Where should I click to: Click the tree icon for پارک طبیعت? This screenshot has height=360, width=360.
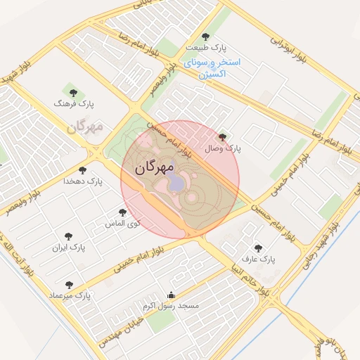(205, 37)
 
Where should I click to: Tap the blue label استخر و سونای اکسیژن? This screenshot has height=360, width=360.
(212, 67)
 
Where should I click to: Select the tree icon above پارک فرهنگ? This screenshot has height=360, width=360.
(72, 92)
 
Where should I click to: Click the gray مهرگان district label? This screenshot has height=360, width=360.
(86, 127)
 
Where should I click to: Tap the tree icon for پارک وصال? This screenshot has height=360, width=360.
(223, 137)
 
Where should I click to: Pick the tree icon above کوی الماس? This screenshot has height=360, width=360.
(122, 212)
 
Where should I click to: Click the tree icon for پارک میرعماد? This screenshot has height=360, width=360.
(68, 285)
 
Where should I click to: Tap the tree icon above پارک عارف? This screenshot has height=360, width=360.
(258, 248)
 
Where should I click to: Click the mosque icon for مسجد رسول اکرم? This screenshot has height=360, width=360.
(171, 295)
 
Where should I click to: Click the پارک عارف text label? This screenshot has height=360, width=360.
(259, 259)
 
